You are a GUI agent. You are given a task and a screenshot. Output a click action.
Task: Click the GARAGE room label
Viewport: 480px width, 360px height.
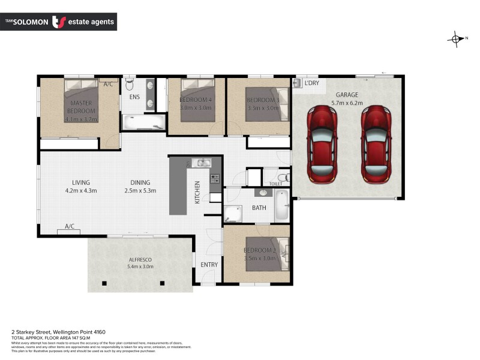(x=347, y=95)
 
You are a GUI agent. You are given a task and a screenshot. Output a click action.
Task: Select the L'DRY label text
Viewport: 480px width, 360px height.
(x=311, y=83)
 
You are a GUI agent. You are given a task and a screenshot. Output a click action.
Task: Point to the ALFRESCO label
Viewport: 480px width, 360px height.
(x=141, y=259)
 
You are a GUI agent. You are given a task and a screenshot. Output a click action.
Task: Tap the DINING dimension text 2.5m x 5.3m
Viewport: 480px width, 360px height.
(x=140, y=191)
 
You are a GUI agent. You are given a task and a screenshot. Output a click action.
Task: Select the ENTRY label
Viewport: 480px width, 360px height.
(x=209, y=264)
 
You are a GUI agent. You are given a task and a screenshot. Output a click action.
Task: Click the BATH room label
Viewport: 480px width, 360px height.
(x=259, y=208)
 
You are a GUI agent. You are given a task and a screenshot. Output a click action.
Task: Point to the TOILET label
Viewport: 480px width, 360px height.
(x=276, y=184)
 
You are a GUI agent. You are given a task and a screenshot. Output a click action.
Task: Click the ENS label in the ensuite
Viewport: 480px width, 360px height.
(x=134, y=97)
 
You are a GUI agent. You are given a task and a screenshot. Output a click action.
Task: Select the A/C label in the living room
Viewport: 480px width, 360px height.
(x=70, y=226)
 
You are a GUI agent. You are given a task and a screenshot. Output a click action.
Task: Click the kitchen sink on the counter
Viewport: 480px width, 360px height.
(x=202, y=163)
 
